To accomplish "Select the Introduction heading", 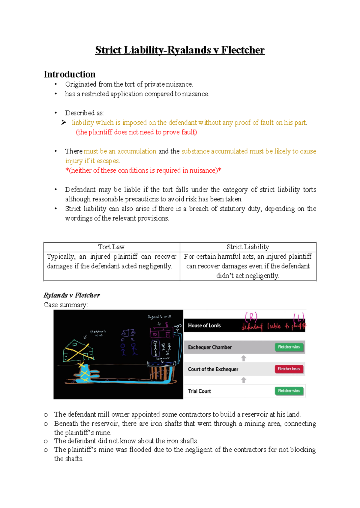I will [70, 74].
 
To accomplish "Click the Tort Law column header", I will [111, 247].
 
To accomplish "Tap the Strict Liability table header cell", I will [248, 247].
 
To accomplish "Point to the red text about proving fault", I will [136, 132].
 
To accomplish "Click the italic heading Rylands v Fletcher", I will [72, 295].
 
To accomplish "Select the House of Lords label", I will [204, 325].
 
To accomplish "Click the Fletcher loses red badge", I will [289, 369].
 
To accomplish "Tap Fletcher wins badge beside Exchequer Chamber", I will [289, 347].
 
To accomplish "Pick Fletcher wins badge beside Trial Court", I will [289, 391].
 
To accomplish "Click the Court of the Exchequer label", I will [213, 369].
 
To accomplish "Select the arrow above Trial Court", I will [244, 380].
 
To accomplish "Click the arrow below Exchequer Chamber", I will [244, 358].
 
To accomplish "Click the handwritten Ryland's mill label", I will [159, 317].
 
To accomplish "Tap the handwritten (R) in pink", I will [251, 317].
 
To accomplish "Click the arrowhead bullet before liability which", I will [64, 122].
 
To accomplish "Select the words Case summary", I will [66, 305].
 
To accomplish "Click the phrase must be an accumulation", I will [120, 151].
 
